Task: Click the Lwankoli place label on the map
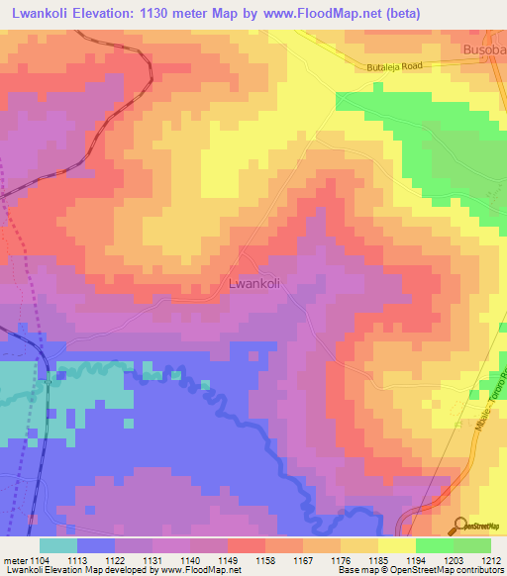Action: click(254, 282)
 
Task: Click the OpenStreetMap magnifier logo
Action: click(461, 525)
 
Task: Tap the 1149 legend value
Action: click(229, 559)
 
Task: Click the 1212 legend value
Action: click(491, 559)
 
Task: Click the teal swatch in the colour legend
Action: click(58, 545)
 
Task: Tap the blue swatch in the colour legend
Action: click(96, 545)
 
